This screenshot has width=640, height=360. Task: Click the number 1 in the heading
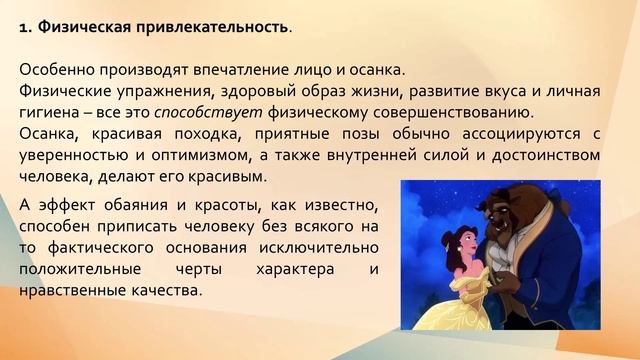pyautogui.click(x=24, y=27)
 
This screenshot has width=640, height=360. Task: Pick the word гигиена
pyautogui.click(x=50, y=112)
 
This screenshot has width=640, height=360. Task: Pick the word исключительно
pyautogui.click(x=319, y=249)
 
